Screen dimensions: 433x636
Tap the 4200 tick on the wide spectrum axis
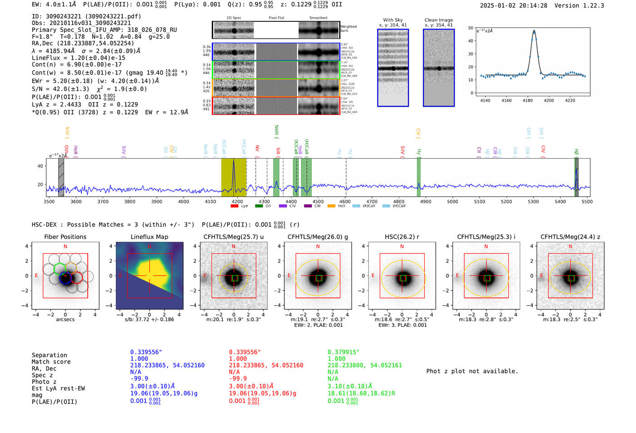[237, 201]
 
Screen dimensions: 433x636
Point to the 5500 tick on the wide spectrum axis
[587, 201]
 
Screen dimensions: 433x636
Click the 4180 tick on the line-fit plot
[527, 100]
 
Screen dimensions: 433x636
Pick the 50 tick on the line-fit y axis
[471, 28]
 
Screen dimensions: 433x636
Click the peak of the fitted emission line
[534, 31]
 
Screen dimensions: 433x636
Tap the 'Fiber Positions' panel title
[65, 237]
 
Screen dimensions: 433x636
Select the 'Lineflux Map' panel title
[149, 237]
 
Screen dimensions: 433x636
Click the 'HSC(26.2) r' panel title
[402, 237]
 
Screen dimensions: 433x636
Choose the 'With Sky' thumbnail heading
[393, 20]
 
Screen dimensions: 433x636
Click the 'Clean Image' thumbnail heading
[438, 20]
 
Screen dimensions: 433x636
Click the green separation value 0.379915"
[343, 352]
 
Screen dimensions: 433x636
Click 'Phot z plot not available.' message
[472, 371]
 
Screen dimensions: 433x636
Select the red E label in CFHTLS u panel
[205, 275]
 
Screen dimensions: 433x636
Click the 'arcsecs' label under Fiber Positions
[65, 319]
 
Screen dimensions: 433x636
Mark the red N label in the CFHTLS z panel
[570, 246]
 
